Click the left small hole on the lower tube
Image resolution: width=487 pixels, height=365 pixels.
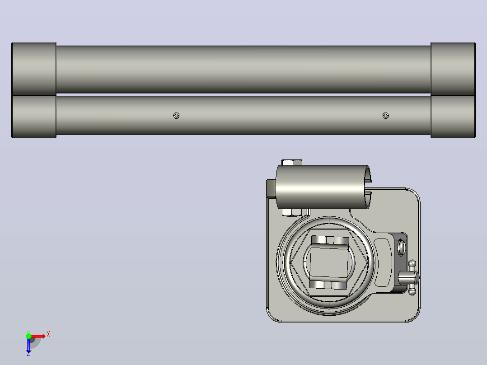click(176, 116)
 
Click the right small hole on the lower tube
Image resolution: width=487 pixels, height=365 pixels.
click(385, 116)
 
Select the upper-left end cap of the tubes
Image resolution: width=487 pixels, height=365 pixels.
click(34, 69)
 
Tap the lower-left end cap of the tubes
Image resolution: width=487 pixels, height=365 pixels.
click(34, 117)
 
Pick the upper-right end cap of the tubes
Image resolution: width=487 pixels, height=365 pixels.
click(453, 69)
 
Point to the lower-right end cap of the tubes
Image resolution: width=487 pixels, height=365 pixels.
click(453, 117)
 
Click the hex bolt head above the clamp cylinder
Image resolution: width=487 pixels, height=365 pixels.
click(292, 163)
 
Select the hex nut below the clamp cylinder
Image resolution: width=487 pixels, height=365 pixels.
click(292, 212)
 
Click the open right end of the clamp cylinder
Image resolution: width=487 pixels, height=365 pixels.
click(367, 187)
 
